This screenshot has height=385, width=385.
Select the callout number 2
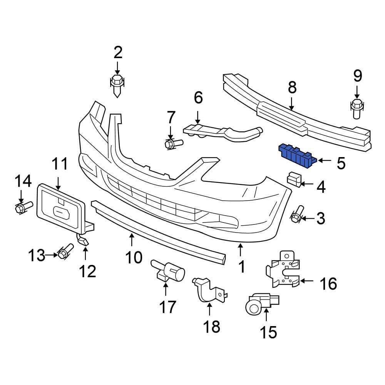[117, 52]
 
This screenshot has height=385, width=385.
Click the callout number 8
[292, 88]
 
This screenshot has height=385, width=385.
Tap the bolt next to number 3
[296, 216]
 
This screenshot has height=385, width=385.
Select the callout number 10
[134, 257]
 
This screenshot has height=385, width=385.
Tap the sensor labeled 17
[169, 272]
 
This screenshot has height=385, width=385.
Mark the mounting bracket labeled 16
[284, 269]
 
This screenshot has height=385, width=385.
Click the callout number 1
[242, 266]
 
